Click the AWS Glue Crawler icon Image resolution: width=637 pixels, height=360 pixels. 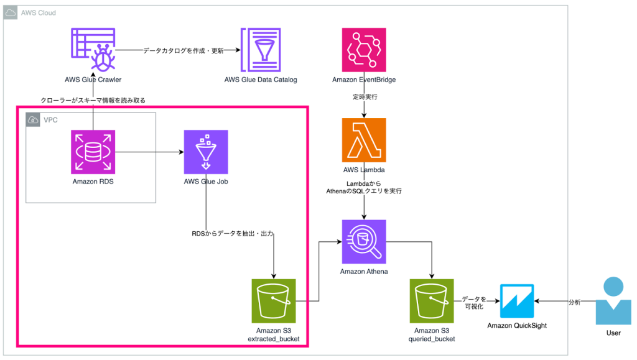[x=93, y=50]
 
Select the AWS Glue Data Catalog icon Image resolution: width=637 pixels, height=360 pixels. [x=261, y=50]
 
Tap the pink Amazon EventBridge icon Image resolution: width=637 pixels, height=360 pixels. [x=364, y=50]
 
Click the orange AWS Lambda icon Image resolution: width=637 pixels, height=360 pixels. [x=364, y=140]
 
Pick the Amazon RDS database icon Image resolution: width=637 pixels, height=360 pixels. [x=93, y=152]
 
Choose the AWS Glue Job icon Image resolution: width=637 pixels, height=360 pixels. [x=206, y=152]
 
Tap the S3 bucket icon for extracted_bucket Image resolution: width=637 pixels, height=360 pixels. [x=274, y=300]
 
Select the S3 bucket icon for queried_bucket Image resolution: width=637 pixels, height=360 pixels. [x=432, y=300]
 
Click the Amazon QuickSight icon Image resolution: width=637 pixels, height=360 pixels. [x=516, y=300]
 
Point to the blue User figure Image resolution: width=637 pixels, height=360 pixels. [x=613, y=301]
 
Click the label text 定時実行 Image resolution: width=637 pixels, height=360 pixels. [x=364, y=98]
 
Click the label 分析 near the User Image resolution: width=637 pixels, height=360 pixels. [x=575, y=302]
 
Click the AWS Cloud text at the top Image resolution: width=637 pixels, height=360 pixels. [x=39, y=12]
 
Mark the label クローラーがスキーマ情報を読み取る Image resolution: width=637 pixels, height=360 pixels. [x=93, y=100]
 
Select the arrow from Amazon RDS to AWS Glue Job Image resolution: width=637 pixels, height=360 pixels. [x=149, y=152]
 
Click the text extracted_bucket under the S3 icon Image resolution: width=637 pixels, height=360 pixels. [x=274, y=339]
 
